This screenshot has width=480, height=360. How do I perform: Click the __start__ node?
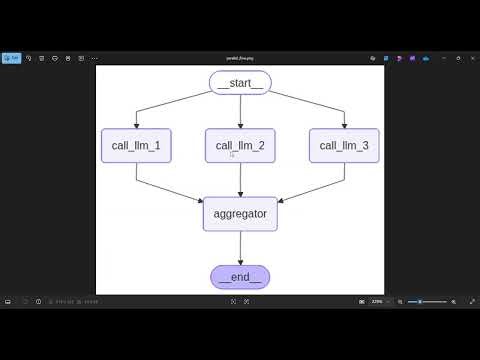pos(240,84)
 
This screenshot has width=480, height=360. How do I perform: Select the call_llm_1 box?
pos(136,146)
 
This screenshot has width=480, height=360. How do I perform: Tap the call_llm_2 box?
pos(240,146)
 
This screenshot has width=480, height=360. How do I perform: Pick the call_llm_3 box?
pos(344,146)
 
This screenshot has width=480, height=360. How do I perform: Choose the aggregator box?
pos(240,214)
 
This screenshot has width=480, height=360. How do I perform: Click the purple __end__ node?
pos(240,277)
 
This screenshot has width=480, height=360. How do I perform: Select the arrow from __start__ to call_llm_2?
pos(240,112)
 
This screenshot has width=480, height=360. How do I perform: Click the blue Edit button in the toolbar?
pos(12,58)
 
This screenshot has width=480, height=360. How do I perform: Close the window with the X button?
pos(470,58)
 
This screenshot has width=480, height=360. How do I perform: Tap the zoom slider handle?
pos(420,302)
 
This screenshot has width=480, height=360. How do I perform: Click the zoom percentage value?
pos(377,302)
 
